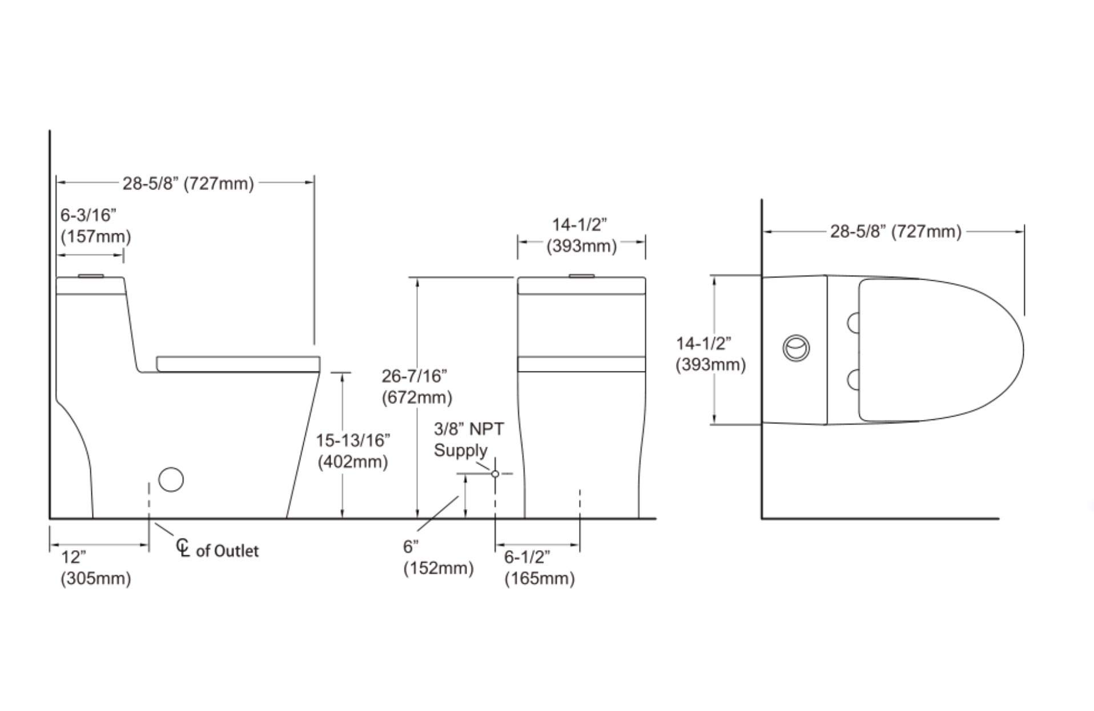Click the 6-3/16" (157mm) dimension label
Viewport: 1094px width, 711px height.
click(x=95, y=226)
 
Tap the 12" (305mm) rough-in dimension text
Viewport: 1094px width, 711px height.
click(x=95, y=568)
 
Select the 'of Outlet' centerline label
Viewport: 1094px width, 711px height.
click(x=227, y=551)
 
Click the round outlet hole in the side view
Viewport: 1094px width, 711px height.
click(x=171, y=479)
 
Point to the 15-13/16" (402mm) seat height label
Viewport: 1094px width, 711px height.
click(x=353, y=451)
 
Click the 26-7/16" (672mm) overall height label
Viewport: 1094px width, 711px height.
click(x=416, y=386)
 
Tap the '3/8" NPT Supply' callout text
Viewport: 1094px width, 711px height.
click(x=469, y=439)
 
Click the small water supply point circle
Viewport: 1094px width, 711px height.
click(x=495, y=474)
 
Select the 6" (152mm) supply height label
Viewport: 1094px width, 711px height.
click(x=438, y=558)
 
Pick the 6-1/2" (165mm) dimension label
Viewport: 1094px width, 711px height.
click(x=539, y=567)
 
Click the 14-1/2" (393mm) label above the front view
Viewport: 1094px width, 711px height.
click(x=581, y=235)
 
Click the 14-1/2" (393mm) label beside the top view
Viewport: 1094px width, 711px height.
click(x=710, y=354)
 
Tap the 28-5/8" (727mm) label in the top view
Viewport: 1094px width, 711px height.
click(x=895, y=232)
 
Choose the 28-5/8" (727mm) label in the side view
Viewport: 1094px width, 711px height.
click(x=188, y=184)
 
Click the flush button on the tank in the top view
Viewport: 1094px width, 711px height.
click(x=795, y=348)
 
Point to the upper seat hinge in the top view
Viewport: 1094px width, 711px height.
click(x=854, y=323)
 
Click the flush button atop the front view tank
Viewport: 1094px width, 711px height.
click(x=581, y=276)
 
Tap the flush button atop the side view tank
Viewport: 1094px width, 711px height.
click(x=90, y=276)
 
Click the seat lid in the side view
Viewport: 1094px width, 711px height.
click(x=238, y=363)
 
